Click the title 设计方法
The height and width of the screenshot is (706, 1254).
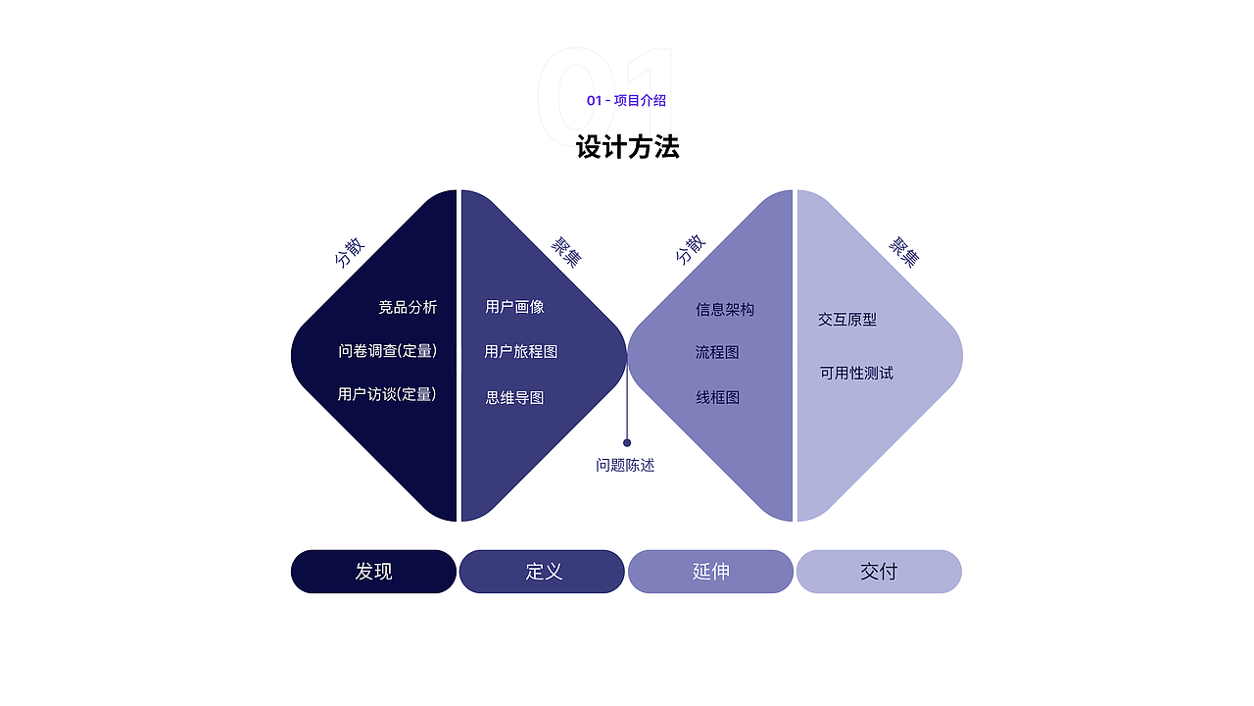click(628, 147)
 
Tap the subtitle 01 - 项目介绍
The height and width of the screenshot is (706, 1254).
click(626, 100)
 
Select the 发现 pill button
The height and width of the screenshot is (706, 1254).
click(373, 572)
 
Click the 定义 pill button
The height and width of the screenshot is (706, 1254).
click(542, 572)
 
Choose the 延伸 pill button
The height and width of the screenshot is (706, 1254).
click(710, 572)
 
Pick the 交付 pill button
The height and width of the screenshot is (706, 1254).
click(879, 572)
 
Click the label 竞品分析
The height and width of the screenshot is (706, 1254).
click(408, 307)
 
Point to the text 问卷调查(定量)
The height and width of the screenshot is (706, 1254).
click(387, 351)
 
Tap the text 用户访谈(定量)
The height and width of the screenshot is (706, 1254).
click(387, 394)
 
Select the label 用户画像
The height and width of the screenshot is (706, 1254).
click(514, 307)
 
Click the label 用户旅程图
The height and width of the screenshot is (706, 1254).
click(520, 351)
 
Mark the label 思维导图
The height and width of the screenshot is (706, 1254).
click(514, 398)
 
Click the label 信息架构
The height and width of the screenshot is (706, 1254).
click(725, 309)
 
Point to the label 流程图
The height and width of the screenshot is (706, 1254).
click(717, 352)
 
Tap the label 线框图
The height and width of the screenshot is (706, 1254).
click(718, 398)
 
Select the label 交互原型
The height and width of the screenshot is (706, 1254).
click(847, 320)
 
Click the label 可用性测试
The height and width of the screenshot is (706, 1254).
click(856, 374)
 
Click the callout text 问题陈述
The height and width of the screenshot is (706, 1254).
click(625, 465)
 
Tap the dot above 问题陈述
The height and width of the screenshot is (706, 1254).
click(627, 442)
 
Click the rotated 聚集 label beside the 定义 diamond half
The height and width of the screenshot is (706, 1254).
click(566, 252)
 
